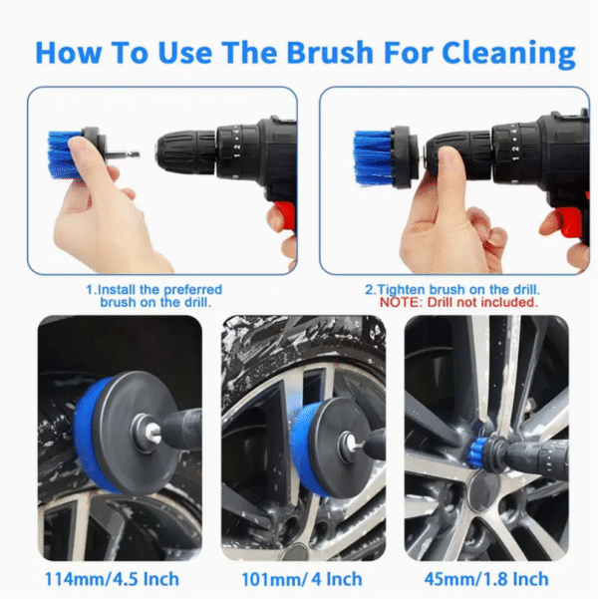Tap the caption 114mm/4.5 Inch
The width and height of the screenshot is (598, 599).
tap(113, 579)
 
